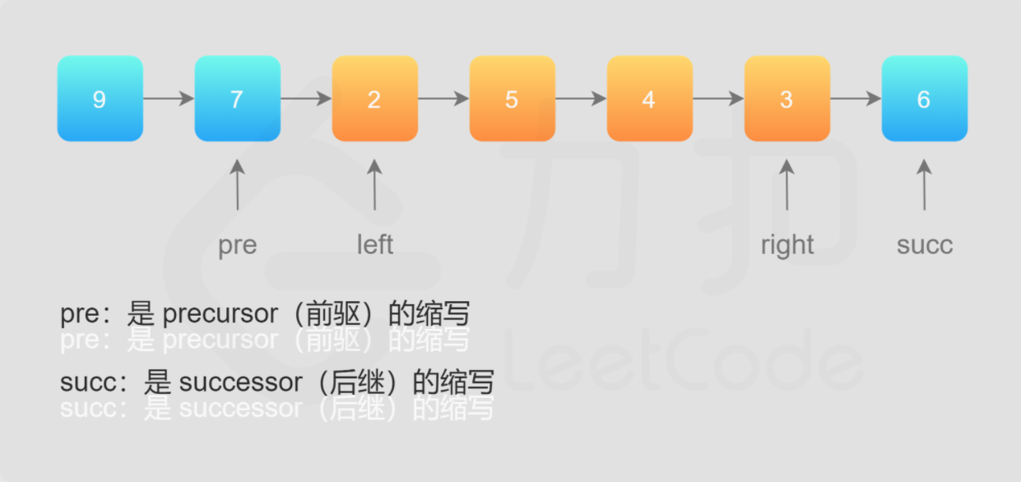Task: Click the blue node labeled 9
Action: (x=100, y=99)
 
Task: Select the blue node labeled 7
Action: (x=237, y=99)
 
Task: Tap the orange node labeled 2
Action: (x=374, y=99)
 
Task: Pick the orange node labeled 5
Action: (x=512, y=99)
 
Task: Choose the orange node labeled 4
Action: (x=649, y=99)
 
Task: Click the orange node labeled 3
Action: (x=787, y=99)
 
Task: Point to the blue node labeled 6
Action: (x=924, y=99)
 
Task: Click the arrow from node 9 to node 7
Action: (x=169, y=99)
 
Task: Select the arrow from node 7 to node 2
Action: (x=306, y=99)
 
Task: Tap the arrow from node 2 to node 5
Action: (x=443, y=99)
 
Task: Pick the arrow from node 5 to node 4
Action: (x=581, y=99)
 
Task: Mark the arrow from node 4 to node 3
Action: (x=718, y=99)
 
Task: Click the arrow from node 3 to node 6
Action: (x=856, y=99)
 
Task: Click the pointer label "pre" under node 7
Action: (x=237, y=245)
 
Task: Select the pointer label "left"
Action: (x=374, y=244)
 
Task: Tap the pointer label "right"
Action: (x=787, y=245)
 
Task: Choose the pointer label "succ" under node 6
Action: (x=925, y=245)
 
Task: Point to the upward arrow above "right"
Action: (x=787, y=185)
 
